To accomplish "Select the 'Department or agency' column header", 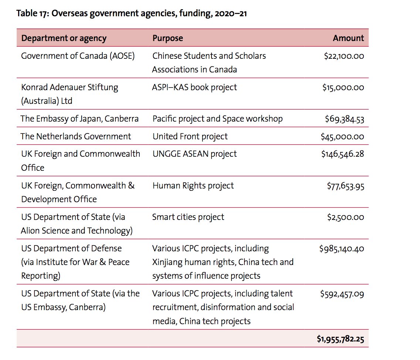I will coord(64,38).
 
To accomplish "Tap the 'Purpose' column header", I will coord(167,38).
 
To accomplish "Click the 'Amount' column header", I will coord(348,38).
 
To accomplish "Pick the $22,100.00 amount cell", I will coord(344,56).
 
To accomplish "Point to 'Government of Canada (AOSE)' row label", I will coord(78,56).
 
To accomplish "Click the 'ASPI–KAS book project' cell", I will coord(194,88).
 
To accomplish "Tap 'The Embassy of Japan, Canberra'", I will coord(79,119).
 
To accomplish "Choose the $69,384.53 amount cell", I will coord(344,119).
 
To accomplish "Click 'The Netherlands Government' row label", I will coord(76,136).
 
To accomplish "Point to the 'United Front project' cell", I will coord(190,136).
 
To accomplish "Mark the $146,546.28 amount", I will coord(342,154).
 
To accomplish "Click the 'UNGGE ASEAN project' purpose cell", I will coord(194,154).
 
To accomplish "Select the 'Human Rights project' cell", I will coord(193,186).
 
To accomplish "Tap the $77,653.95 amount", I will coord(345,186).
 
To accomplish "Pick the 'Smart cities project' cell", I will coord(188,217).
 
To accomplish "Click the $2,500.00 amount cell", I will coord(345,217).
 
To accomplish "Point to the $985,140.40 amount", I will coord(342,248).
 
